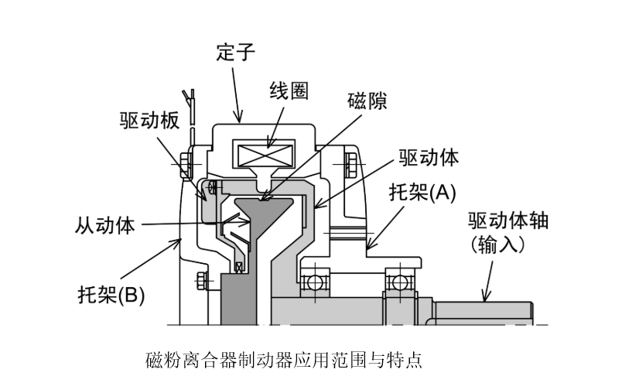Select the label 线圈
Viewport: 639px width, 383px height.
click(x=289, y=91)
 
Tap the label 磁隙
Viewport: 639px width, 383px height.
click(x=367, y=101)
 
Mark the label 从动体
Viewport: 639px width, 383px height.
click(x=105, y=225)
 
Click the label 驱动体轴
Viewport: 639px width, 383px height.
click(x=507, y=221)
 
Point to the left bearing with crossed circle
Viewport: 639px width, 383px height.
click(x=314, y=282)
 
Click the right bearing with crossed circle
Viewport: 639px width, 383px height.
click(x=400, y=282)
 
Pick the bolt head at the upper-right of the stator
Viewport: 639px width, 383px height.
click(x=352, y=163)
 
